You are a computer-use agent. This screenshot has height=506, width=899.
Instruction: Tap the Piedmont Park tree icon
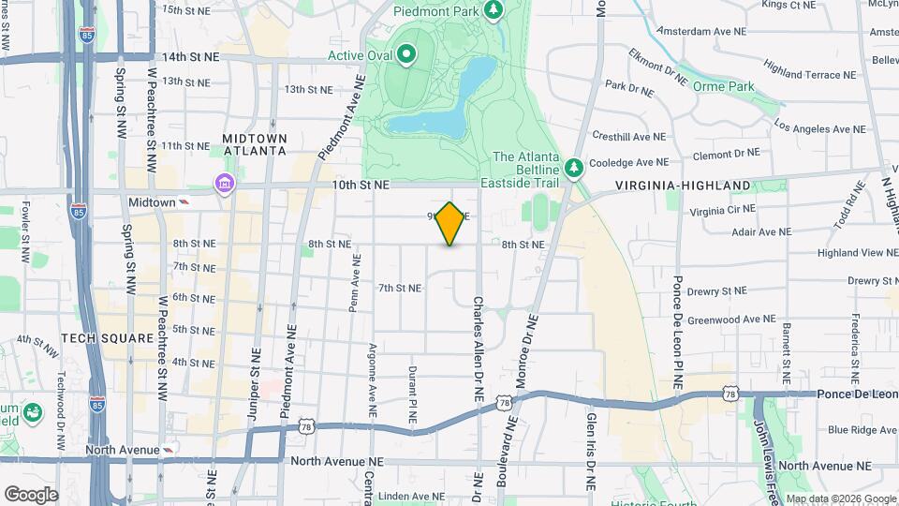click(494, 10)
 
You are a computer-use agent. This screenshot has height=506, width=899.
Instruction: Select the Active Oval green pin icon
click(405, 55)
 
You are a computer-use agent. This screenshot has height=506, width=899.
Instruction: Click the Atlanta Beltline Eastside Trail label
click(525, 170)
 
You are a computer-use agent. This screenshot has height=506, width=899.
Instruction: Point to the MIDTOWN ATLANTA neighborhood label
click(254, 144)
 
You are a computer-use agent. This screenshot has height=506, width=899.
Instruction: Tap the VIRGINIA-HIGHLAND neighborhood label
click(683, 186)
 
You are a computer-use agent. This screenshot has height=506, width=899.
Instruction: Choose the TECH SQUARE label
click(107, 337)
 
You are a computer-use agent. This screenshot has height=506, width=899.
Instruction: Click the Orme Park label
click(723, 86)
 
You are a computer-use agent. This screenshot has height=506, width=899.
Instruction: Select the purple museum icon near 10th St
click(225, 183)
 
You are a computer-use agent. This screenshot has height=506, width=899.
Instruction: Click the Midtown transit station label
click(152, 202)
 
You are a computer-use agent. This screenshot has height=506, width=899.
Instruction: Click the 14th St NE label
click(190, 56)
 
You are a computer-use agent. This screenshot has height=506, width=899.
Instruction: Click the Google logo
click(31, 494)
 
